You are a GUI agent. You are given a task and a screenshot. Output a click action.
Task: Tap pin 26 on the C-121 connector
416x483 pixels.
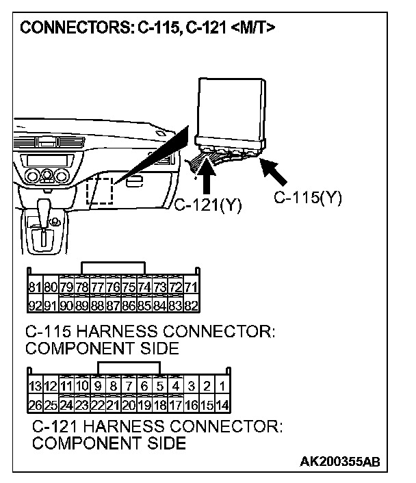pyautogui.click(x=35, y=404)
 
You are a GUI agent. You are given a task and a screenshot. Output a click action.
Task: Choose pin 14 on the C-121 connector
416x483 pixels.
pyautogui.click(x=222, y=404)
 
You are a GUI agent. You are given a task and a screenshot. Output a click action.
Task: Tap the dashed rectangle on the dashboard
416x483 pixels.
pyautogui.click(x=100, y=190)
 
